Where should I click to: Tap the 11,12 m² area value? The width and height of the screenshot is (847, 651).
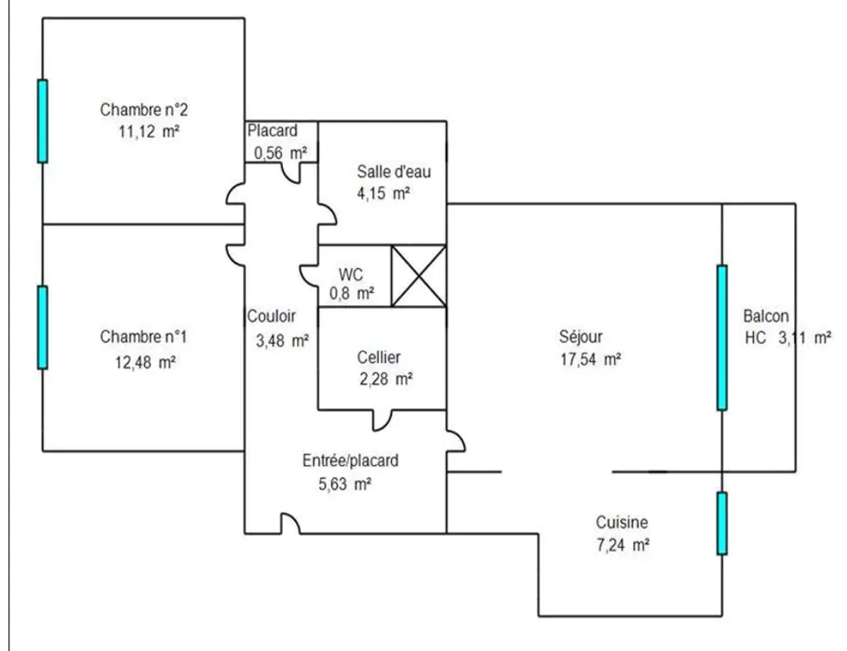point(148,132)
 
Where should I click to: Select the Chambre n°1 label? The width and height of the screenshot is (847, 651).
point(144,336)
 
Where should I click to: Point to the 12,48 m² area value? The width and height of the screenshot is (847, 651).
point(145,363)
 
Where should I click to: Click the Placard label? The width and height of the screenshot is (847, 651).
point(272,131)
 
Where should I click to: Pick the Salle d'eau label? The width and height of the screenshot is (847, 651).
point(394,171)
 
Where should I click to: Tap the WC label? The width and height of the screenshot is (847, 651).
point(350,274)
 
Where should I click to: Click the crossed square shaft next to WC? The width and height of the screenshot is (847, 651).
point(418,275)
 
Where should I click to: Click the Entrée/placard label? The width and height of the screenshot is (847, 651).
point(351,459)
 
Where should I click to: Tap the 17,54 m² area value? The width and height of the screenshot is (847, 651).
point(585,359)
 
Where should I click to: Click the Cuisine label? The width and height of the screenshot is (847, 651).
point(622,523)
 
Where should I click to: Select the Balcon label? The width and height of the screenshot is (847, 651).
point(767,315)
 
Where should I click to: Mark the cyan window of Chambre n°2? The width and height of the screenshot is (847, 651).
point(42,121)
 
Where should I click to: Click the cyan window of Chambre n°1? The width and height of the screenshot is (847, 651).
point(42,326)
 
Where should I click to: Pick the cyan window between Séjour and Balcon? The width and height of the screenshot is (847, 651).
point(721,338)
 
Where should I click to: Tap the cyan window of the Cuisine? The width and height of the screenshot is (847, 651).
point(721,523)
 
